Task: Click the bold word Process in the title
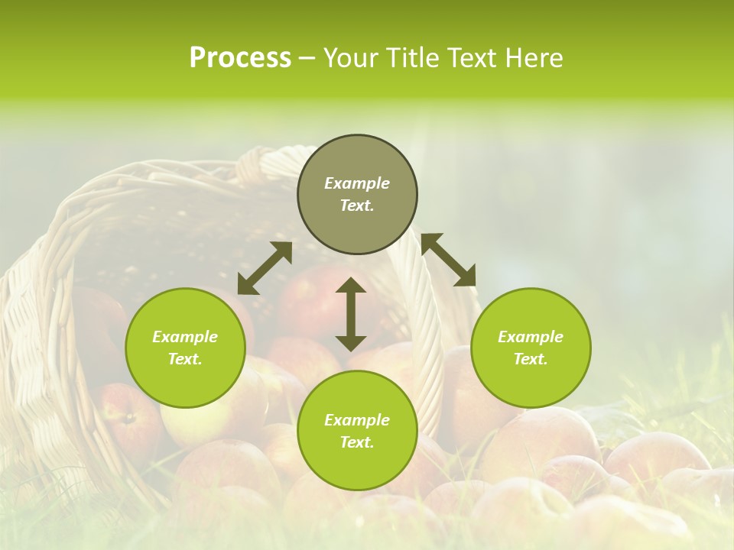point(240,58)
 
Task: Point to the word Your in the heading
point(350,58)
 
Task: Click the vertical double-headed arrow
point(351,314)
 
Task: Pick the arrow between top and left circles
point(265,268)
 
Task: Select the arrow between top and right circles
point(448,260)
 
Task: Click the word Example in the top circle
point(357,183)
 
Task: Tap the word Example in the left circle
point(185,337)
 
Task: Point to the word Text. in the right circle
point(531,359)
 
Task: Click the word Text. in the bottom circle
point(357,442)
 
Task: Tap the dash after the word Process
point(307,58)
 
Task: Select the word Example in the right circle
point(531,337)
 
